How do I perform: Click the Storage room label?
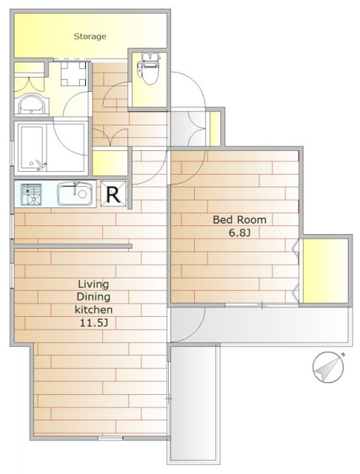point(90,36)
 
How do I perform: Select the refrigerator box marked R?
point(113,194)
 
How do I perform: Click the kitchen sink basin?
point(75,194)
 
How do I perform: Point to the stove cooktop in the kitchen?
point(31,194)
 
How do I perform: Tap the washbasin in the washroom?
point(31,104)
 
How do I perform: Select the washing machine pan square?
point(73,73)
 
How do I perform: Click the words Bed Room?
point(240,220)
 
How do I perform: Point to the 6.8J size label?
point(240,233)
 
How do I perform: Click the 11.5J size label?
point(93,323)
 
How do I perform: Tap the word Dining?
point(93,297)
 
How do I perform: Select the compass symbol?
point(329,367)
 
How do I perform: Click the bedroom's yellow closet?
point(325,271)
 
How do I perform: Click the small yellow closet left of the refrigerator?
point(110,163)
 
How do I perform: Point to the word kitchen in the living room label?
point(93,310)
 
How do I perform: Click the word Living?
point(93,284)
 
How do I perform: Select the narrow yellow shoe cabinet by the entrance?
point(215,129)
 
